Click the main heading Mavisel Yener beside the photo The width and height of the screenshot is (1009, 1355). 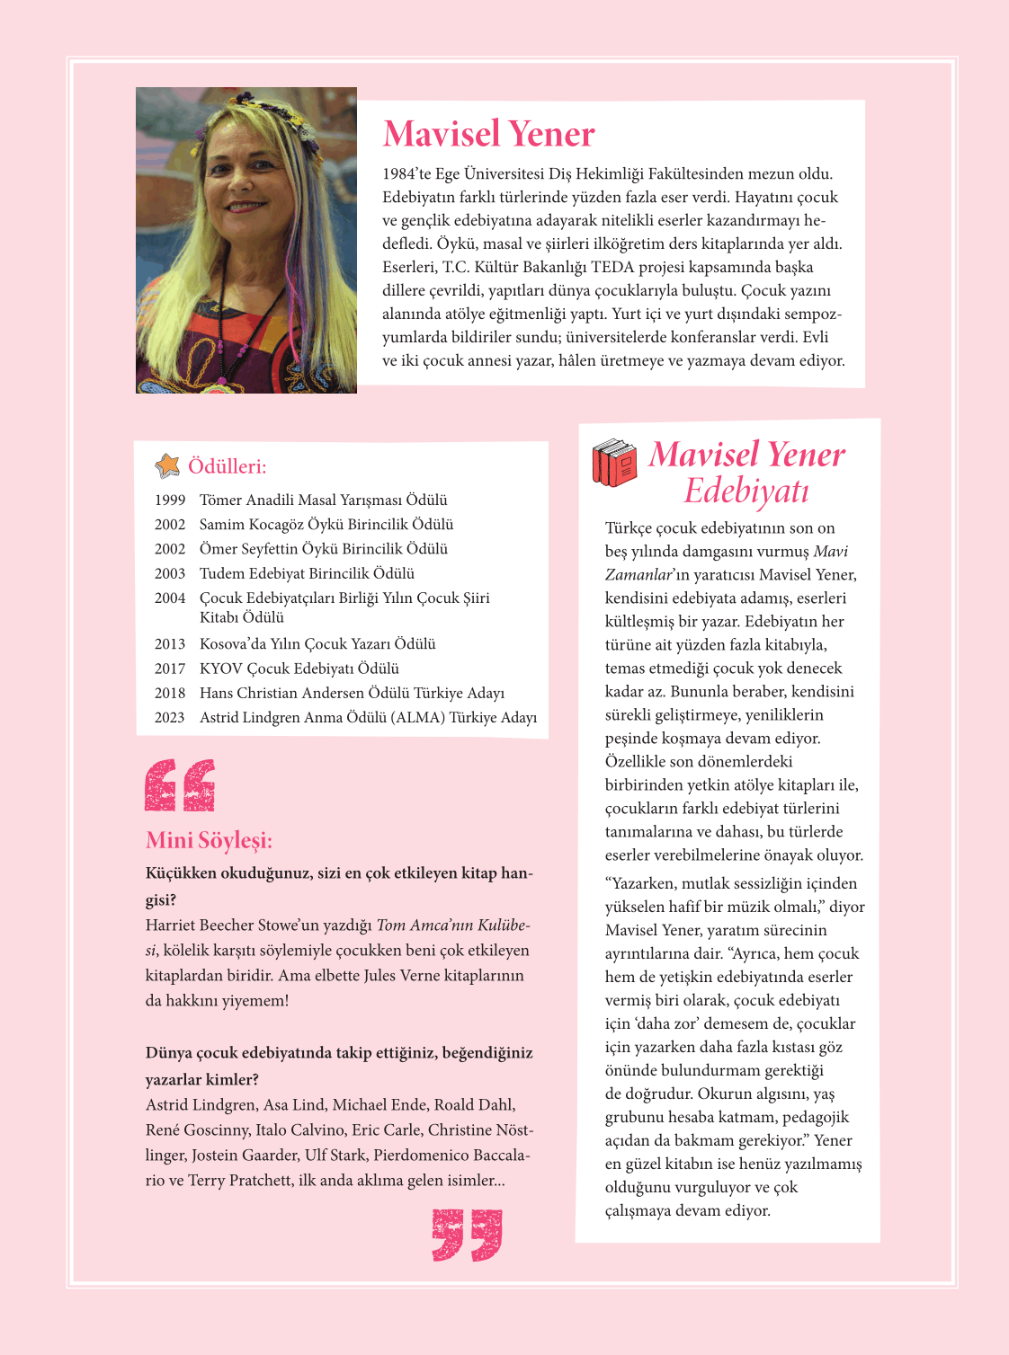(x=488, y=134)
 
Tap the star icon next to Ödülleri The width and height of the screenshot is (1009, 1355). (x=167, y=465)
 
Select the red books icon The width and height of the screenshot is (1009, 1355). (x=614, y=462)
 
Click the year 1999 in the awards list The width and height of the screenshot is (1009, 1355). (x=170, y=500)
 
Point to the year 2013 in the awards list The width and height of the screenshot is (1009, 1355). (x=170, y=644)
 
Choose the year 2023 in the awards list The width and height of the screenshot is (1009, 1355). (x=170, y=718)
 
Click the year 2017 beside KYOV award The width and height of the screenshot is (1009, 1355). (x=170, y=669)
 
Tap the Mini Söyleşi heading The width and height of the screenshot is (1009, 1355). (x=209, y=840)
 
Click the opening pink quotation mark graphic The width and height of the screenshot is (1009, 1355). (x=180, y=785)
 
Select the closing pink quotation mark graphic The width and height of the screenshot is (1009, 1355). (x=467, y=1235)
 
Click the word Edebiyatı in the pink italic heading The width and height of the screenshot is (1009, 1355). (x=746, y=492)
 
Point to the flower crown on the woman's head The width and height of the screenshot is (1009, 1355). (x=247, y=108)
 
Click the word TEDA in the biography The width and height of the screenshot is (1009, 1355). (x=612, y=267)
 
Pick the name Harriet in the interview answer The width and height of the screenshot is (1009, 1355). (x=173, y=925)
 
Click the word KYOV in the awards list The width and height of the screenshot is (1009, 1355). (x=220, y=669)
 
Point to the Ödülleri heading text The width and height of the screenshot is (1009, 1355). (x=227, y=466)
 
